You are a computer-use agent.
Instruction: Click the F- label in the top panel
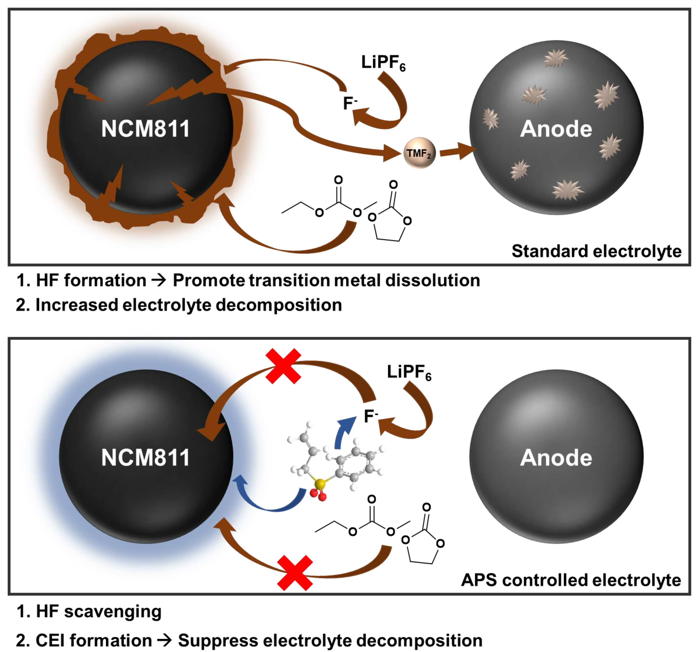click(350, 103)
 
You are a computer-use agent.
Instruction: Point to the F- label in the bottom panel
click(371, 416)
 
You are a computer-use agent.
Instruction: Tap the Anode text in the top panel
click(556, 129)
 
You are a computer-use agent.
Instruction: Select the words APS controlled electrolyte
click(571, 580)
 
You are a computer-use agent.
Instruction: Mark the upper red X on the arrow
click(283, 366)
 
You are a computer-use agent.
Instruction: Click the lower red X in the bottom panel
click(295, 573)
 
